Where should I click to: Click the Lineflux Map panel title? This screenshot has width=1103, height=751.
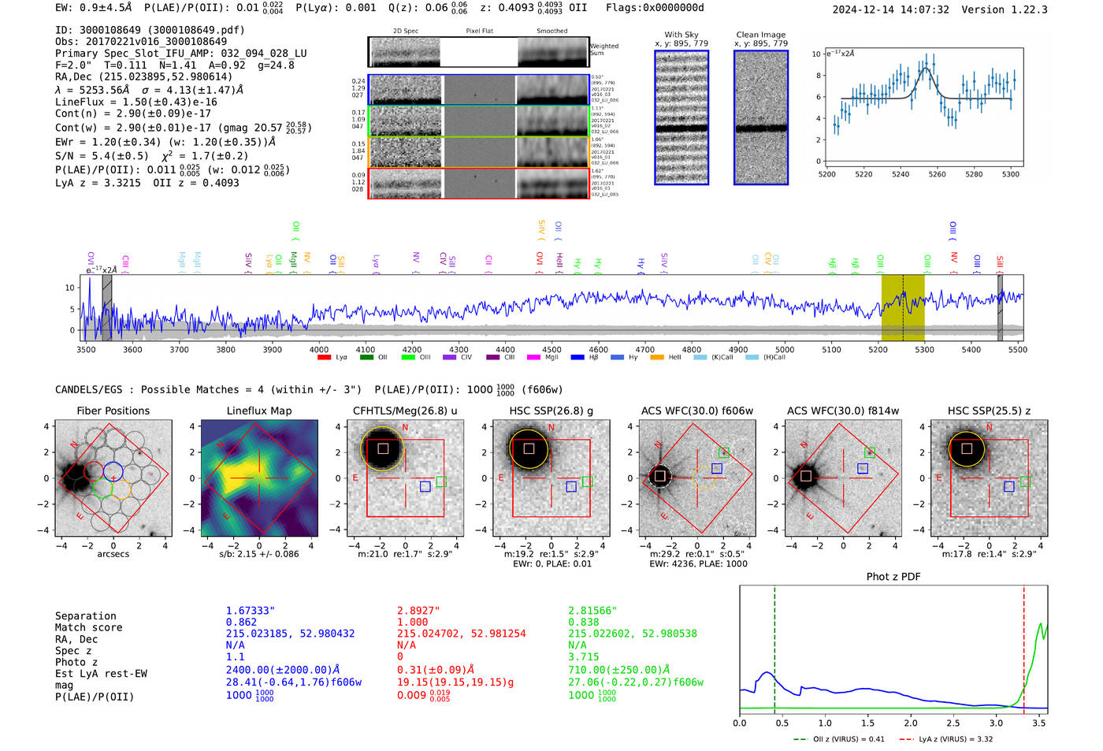coord(258,411)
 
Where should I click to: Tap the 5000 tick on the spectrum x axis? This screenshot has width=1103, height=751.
coord(784,349)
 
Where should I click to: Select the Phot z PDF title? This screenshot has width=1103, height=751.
coord(893,577)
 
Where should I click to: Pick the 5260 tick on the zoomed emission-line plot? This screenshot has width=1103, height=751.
coord(937,174)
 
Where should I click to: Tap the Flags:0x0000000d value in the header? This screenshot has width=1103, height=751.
coord(655,8)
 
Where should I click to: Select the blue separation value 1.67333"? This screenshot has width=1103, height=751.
coord(250,611)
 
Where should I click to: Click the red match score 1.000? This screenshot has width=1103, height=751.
coord(412,622)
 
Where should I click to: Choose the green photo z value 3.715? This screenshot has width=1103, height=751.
coord(584,656)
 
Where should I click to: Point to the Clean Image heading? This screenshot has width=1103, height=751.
coord(760,35)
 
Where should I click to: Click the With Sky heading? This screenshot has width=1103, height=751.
coord(681,35)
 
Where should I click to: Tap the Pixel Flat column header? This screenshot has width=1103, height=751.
coord(479,32)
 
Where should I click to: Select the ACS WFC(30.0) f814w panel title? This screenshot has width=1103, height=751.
coord(842,411)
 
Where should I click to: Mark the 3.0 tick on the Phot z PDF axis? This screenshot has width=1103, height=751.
coord(996,723)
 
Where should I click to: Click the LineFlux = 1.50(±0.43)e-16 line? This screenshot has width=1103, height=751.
coord(136,102)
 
